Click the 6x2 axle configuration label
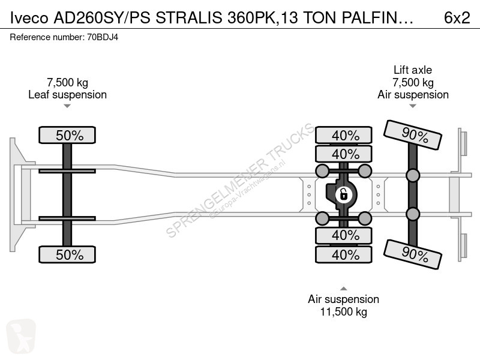457,18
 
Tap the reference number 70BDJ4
103,37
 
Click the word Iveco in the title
29,18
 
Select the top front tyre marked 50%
67,135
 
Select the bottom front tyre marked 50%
67,254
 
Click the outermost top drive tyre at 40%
344,135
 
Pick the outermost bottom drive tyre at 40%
344,254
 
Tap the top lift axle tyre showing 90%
413,135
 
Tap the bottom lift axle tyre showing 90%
413,254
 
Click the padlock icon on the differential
343,194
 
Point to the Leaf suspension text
67,95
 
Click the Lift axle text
413,70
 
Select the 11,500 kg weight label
343,312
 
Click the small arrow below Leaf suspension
67,106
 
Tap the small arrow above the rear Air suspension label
344,289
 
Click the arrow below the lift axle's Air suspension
413,106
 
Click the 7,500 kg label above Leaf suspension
67,83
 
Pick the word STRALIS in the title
189,18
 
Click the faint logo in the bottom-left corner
21,336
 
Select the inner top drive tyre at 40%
344,154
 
